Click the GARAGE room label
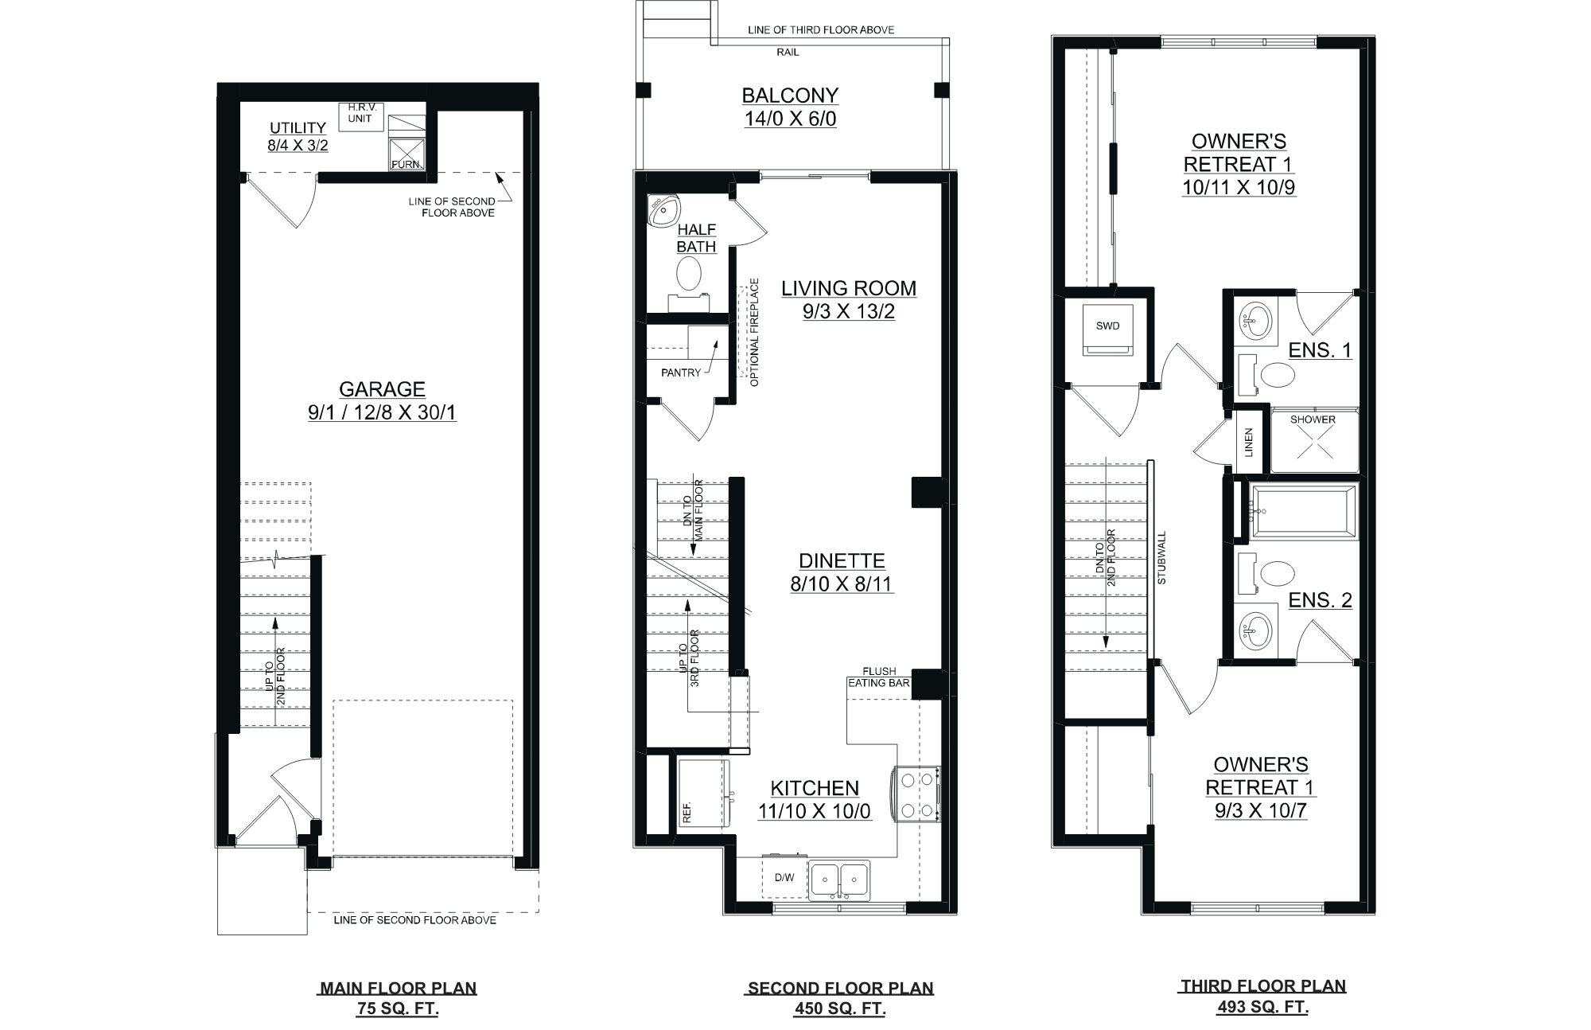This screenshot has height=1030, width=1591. (382, 389)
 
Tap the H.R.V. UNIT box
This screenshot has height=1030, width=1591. (360, 116)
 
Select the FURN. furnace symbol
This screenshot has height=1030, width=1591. (406, 154)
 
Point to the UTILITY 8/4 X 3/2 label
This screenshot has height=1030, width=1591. (298, 136)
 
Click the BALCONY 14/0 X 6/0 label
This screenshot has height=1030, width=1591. (790, 107)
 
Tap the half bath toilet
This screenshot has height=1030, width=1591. (689, 275)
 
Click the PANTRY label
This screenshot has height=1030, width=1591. (681, 373)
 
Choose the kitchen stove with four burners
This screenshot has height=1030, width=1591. (917, 794)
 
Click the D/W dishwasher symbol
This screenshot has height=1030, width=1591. (784, 878)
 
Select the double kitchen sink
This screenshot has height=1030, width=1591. (839, 880)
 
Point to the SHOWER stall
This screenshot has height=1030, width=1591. (1313, 441)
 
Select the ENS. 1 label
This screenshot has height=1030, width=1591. (1320, 350)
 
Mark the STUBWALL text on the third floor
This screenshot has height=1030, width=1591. (1162, 558)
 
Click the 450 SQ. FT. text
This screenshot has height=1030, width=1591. (840, 1009)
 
